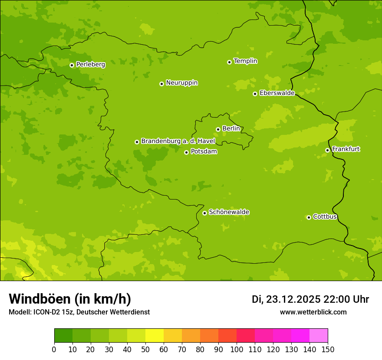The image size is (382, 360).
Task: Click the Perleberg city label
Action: (90, 65)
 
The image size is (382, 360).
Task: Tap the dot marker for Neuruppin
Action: (161, 84)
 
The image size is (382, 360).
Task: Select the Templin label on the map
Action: (245, 61)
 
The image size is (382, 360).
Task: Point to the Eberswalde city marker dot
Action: (255, 94)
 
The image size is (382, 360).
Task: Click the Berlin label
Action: (231, 129)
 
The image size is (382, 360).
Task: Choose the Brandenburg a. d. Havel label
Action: (178, 141)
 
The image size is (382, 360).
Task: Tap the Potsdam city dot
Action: (186, 152)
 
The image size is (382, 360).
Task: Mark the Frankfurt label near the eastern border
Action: (346, 149)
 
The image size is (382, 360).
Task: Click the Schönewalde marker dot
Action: (204, 213)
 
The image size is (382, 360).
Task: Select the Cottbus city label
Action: (325, 216)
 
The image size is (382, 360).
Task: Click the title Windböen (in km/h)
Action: (70, 299)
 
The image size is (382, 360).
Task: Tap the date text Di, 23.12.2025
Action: (286, 299)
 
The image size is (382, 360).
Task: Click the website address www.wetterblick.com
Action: (313, 312)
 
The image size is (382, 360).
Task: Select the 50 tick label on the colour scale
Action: (145, 349)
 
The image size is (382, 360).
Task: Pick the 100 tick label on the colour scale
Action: (237, 349)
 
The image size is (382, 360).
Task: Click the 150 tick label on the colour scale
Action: (328, 349)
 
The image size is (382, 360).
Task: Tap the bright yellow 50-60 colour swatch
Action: (155, 336)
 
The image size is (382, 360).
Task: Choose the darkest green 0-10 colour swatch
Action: (63, 336)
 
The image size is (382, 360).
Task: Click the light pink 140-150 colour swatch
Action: (319, 336)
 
